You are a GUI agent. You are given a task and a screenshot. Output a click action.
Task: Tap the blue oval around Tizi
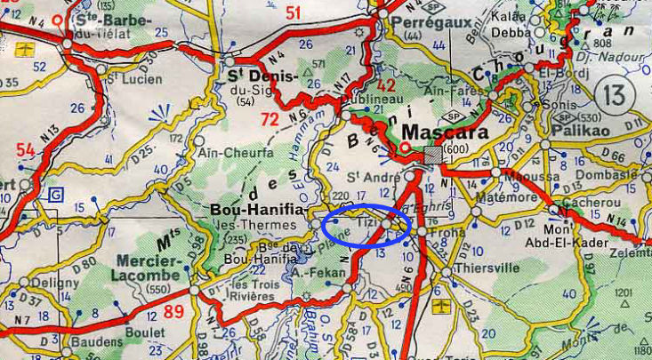(x=366, y=225)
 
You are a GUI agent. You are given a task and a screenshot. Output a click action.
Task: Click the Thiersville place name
(x=480, y=267)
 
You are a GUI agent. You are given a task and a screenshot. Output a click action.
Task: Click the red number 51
(x=293, y=12)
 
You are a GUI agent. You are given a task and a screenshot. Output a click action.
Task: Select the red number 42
(x=386, y=86)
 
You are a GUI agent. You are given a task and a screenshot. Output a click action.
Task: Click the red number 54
(x=26, y=151)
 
